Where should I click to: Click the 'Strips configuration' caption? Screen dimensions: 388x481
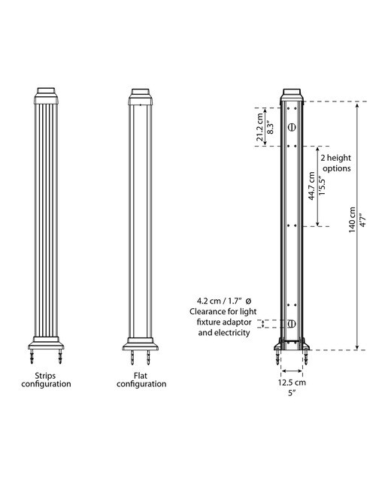click(46, 380)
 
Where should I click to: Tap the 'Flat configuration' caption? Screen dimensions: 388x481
click(141, 380)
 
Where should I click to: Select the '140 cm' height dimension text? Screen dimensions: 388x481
click(352, 219)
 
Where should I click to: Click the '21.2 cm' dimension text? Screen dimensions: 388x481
click(260, 127)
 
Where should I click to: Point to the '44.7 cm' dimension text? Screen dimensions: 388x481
click(311, 186)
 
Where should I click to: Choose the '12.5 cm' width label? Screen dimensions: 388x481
click(292, 383)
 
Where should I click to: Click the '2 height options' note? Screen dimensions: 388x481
click(336, 163)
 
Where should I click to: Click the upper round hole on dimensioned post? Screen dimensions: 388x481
click(292, 127)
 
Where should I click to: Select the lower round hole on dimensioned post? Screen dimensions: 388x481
click(292, 323)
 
